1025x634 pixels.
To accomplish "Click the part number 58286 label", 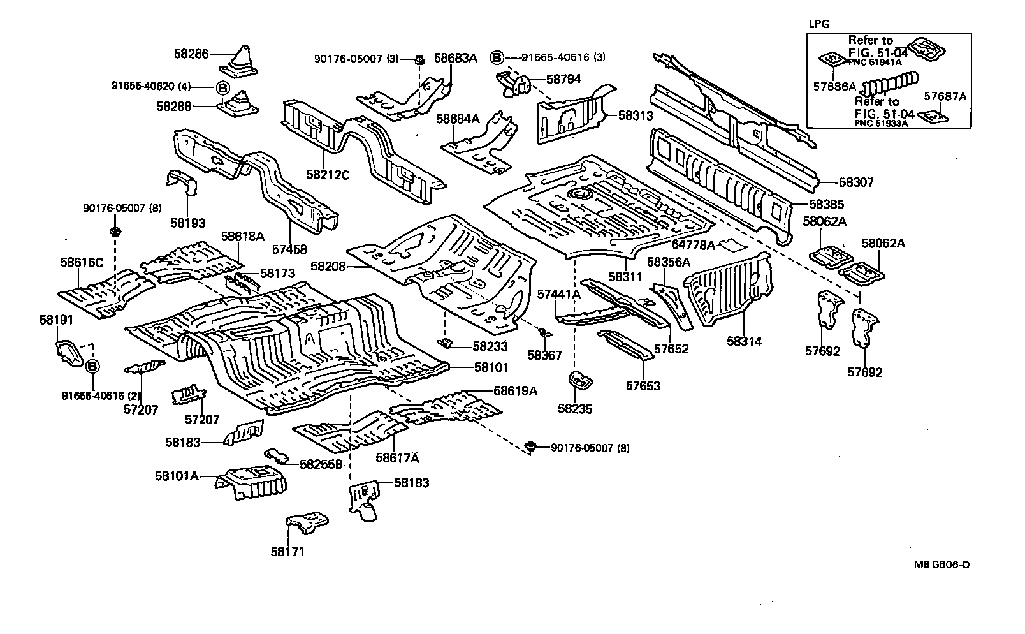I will coord(191,55).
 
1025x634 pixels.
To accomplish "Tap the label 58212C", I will coord(328,173).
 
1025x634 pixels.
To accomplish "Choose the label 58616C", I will coord(82,262).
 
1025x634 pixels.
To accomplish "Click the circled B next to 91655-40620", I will coord(222,87).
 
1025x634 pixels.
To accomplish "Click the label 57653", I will coord(643,386).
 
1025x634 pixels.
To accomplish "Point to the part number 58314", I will coord(744,342).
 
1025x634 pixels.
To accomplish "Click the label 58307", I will coord(855,183).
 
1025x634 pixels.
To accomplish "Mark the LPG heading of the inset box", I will coord(819,25).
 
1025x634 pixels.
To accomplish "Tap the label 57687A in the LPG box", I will coord(945,97).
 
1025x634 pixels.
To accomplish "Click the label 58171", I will coord(287,552).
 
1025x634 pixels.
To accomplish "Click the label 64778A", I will coord(694,244).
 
